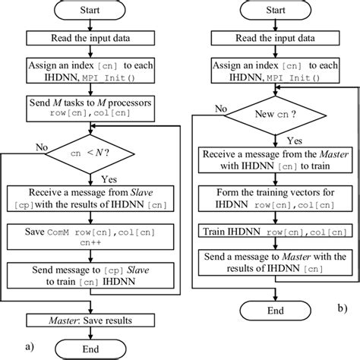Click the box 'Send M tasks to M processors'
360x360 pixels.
tap(90, 102)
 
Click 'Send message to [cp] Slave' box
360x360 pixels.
tap(90, 275)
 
